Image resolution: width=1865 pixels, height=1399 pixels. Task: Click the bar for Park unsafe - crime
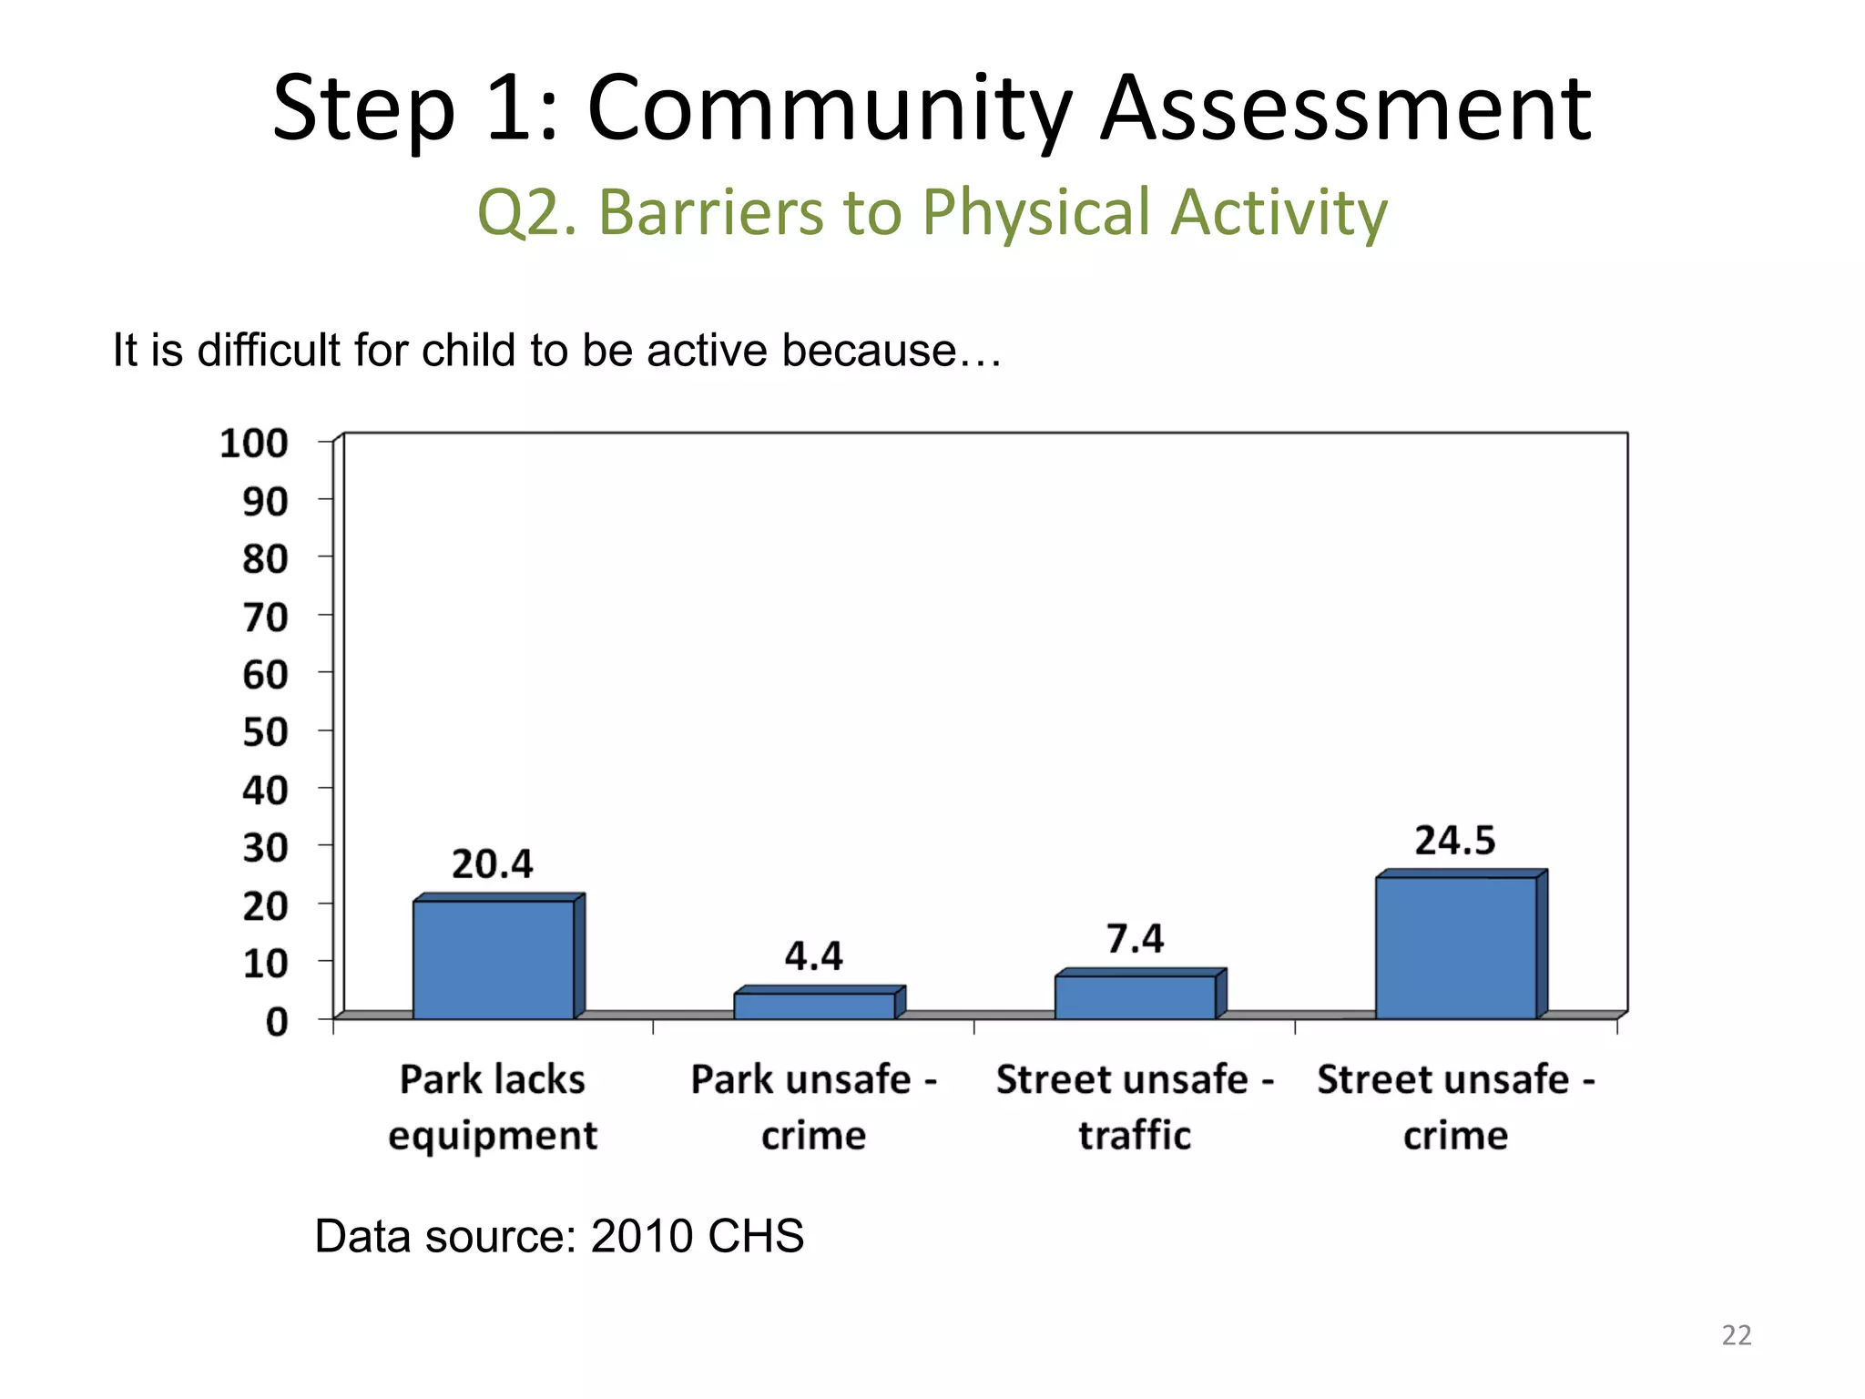814,1006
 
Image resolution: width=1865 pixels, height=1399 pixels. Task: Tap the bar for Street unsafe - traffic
1135,996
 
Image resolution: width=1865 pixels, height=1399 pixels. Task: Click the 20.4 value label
492,863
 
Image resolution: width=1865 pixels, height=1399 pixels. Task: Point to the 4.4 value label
813,956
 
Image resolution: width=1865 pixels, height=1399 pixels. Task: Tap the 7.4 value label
1135,938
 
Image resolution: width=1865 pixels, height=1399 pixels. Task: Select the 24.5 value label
1454,840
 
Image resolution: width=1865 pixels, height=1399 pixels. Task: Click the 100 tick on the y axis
254,444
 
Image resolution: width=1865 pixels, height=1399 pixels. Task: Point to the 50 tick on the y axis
265,732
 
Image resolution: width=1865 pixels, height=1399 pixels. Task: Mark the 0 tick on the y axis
277,1022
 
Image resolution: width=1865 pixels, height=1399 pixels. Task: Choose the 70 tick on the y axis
265,618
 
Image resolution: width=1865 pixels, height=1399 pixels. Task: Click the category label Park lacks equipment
493,1107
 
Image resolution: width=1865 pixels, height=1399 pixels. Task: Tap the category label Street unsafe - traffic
1135,1107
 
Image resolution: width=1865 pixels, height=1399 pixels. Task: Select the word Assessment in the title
1346,108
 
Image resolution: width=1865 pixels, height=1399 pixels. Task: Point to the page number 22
1736,1335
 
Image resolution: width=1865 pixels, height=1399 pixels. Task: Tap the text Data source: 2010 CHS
559,1236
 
